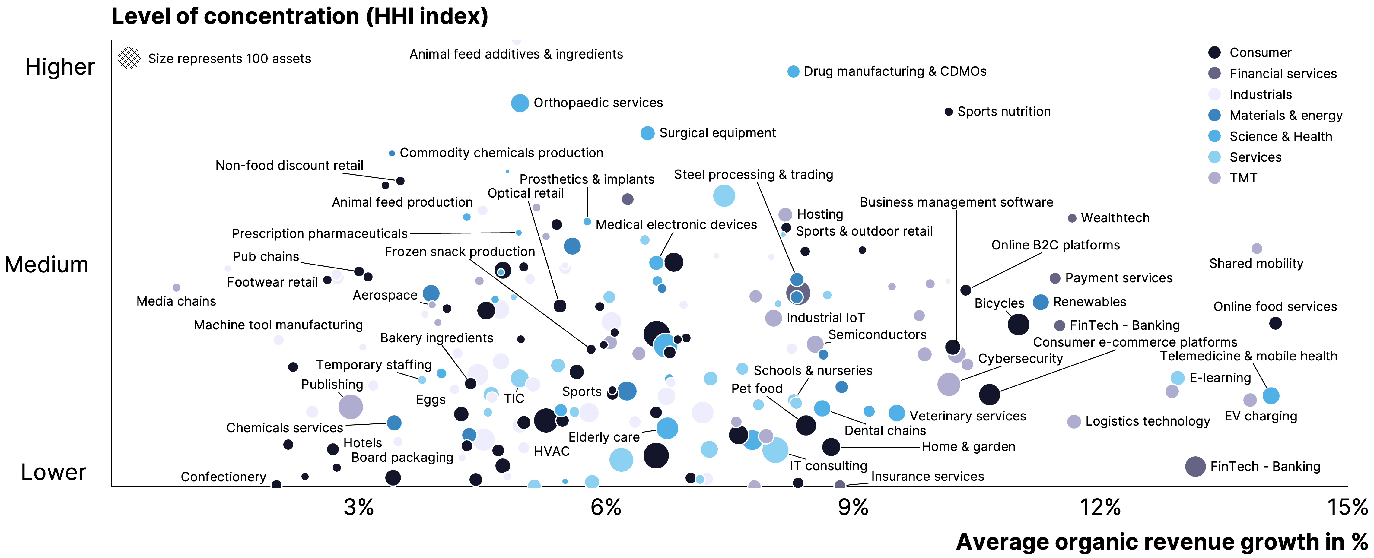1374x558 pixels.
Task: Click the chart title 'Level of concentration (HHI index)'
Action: (300, 16)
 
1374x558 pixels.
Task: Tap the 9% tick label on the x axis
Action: (853, 507)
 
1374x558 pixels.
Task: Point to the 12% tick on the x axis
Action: (1100, 507)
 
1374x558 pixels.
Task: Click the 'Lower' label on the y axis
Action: (53, 472)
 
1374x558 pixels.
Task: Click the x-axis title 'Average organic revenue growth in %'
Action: (1162, 542)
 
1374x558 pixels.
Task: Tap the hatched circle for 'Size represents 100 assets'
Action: (129, 58)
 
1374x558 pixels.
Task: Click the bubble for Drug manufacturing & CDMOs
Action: (793, 71)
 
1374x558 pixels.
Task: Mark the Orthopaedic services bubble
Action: (520, 103)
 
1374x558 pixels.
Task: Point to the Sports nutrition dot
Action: (948, 112)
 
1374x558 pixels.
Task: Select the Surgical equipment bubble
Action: (647, 133)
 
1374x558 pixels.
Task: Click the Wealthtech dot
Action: (1072, 218)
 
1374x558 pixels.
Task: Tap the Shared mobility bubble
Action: (1257, 249)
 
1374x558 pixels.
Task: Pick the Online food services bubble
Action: (1275, 323)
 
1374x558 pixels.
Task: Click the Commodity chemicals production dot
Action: (392, 154)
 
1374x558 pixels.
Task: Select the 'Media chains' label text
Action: (176, 301)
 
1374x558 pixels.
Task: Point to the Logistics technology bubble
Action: (1074, 421)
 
